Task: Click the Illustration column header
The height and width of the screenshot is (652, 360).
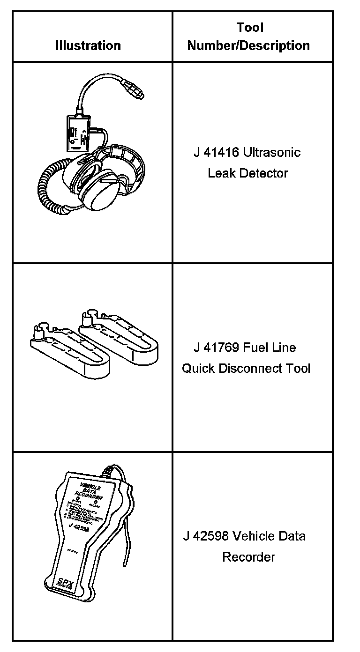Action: tap(88, 46)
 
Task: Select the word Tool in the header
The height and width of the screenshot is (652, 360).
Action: tap(250, 28)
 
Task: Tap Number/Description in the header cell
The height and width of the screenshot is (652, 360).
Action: tap(248, 46)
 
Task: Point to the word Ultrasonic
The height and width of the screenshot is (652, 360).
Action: tap(272, 153)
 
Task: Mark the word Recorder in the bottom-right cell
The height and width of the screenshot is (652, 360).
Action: tap(248, 557)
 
